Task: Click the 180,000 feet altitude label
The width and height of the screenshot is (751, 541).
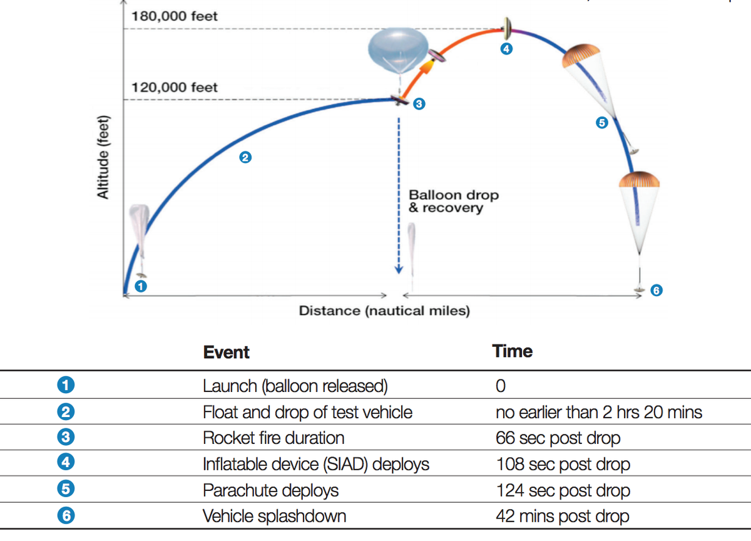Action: [x=175, y=16]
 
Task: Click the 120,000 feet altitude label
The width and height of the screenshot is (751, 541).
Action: [x=175, y=87]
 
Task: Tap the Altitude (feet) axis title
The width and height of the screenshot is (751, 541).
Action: [x=103, y=158]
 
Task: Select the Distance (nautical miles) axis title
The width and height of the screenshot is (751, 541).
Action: [x=384, y=311]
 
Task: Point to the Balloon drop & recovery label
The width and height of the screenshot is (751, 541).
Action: [x=454, y=201]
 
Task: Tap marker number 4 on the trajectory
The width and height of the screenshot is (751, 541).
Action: [x=506, y=49]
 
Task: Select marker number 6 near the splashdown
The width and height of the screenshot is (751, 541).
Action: [x=655, y=290]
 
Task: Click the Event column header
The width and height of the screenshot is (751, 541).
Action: [x=226, y=352]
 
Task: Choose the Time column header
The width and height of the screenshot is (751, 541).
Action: [x=513, y=351]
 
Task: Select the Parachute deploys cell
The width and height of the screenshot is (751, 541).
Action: [x=270, y=490]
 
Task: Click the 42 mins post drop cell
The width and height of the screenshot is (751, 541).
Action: [x=562, y=517]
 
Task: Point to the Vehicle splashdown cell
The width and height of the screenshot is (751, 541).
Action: [x=274, y=517]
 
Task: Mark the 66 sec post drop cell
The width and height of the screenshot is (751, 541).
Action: [x=558, y=438]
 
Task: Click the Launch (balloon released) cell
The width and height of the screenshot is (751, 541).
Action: [x=295, y=386]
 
